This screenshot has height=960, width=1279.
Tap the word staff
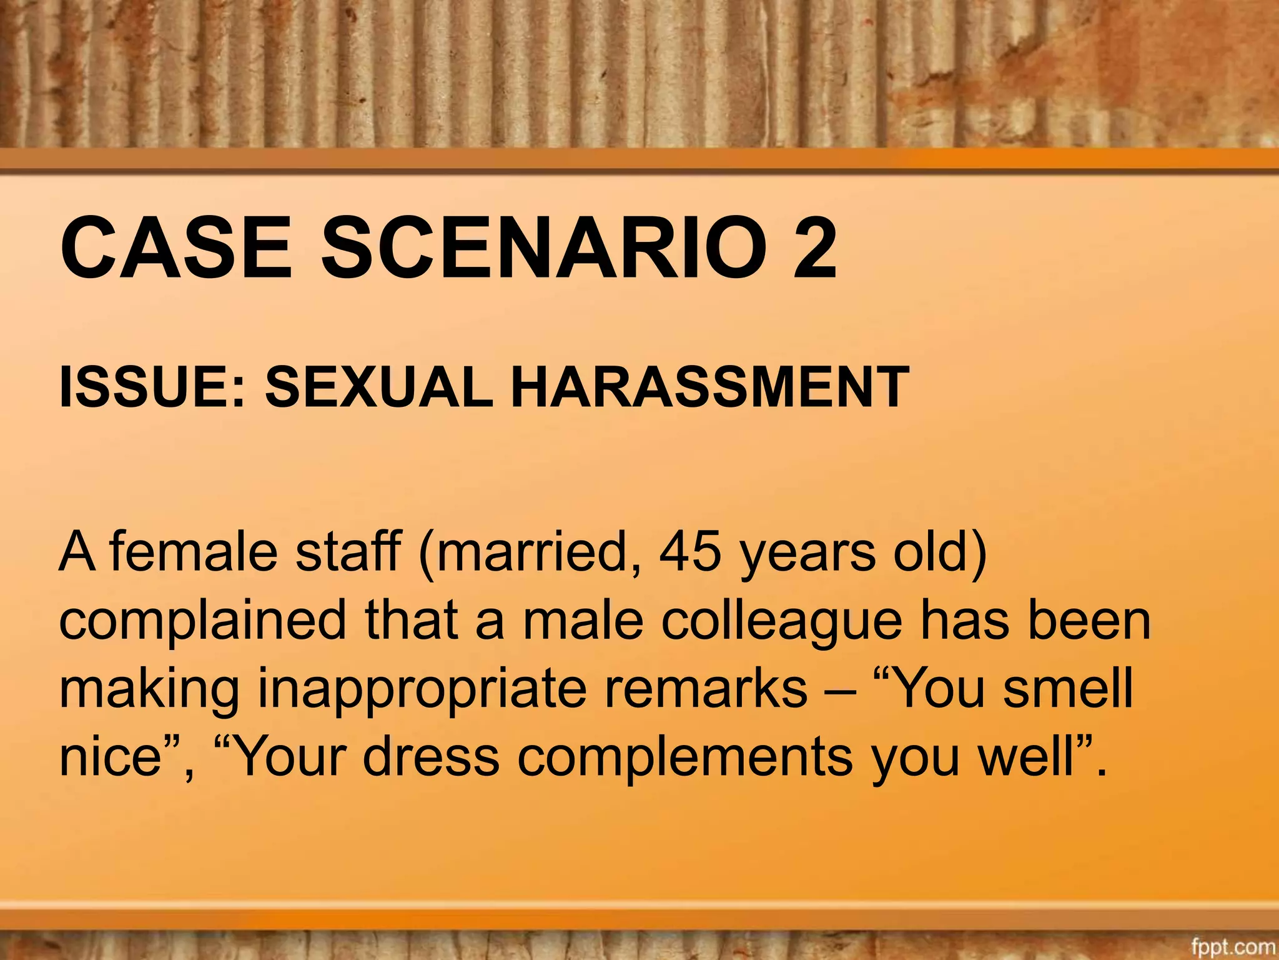click(348, 551)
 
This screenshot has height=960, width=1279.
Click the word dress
click(431, 756)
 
